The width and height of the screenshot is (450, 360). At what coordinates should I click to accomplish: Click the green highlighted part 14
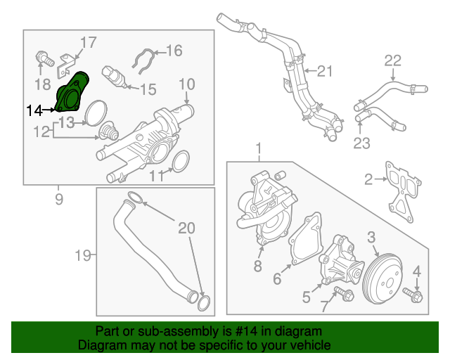point(72,94)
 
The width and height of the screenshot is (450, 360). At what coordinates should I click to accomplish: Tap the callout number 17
point(87,43)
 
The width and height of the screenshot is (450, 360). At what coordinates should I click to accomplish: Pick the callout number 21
point(323,70)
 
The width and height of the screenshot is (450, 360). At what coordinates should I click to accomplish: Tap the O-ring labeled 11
point(179,161)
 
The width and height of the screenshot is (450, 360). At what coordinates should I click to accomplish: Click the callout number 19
point(83,255)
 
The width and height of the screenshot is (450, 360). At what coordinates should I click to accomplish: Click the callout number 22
point(392,60)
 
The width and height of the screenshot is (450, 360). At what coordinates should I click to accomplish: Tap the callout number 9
point(58,199)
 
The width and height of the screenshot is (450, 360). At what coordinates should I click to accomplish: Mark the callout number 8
point(257,266)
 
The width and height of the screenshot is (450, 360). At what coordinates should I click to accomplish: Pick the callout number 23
point(361,144)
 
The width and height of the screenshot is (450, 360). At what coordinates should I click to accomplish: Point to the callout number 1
point(258,149)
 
